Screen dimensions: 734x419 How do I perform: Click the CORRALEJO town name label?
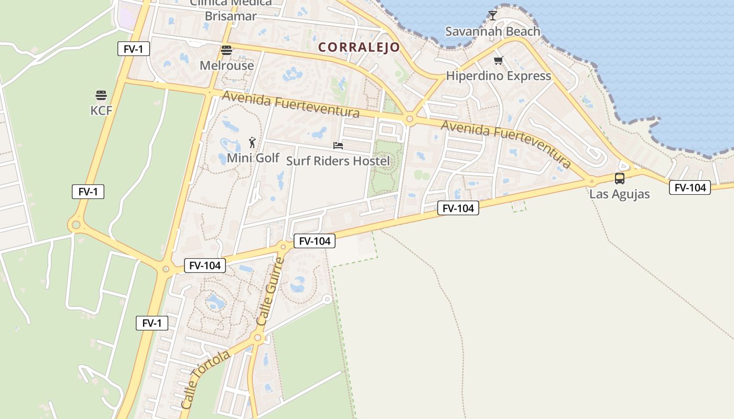point(359,47)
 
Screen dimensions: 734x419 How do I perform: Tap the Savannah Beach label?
point(492,31)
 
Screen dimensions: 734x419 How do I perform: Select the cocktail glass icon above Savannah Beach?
point(492,15)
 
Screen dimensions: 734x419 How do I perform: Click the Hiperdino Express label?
point(498,76)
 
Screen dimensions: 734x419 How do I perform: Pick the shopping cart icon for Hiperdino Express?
point(498,61)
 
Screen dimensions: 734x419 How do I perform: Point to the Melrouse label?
point(226,65)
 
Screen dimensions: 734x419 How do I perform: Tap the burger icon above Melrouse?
point(226,50)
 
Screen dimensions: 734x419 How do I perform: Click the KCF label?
point(101,111)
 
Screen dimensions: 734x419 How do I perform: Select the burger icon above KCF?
point(101,95)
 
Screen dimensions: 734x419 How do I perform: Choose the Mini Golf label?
point(253,158)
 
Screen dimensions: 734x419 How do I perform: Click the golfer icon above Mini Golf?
point(252,142)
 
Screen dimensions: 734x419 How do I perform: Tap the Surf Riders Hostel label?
point(338,161)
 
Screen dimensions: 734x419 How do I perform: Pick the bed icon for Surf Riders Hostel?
point(338,146)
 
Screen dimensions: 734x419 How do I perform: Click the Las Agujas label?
point(619,194)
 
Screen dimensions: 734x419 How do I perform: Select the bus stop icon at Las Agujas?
point(619,179)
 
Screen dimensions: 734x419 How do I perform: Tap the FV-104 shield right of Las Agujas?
point(689,188)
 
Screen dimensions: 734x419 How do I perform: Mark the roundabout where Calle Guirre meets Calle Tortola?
point(257,338)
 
